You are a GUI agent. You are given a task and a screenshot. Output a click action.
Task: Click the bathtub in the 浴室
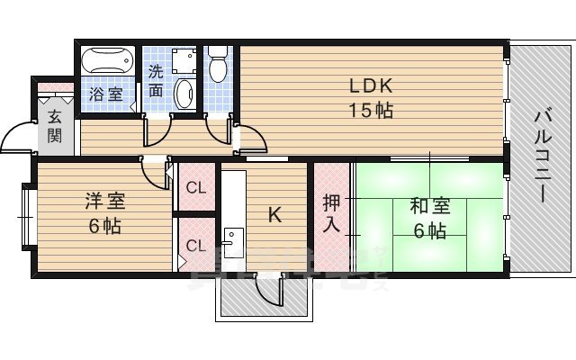click(106, 64)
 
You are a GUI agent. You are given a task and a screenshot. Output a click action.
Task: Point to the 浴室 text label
click(105, 94)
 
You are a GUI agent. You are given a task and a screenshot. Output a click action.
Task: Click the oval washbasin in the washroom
click(184, 93)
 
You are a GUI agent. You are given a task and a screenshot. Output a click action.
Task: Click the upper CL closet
click(194, 187)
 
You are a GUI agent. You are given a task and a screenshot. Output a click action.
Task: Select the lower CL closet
click(194, 245)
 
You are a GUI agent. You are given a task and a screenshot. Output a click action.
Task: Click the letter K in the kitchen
click(275, 215)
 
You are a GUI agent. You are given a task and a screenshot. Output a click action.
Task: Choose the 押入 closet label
click(331, 214)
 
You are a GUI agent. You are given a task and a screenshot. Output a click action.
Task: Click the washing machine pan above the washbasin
click(185, 59)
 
